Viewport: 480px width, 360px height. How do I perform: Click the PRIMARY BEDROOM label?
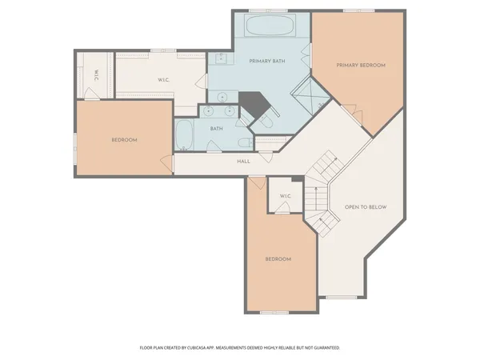(361, 65)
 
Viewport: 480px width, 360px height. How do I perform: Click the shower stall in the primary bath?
(310, 98)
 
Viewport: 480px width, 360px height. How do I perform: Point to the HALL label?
(244, 162)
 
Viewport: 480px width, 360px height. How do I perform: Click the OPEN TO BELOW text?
(366, 207)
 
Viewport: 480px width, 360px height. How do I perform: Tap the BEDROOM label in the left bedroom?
(124, 140)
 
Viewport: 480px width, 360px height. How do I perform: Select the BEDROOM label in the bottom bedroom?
(278, 259)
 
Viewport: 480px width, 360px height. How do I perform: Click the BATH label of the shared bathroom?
(217, 129)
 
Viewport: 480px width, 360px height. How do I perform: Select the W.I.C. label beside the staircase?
(285, 197)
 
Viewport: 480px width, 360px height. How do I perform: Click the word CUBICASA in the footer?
(210, 348)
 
